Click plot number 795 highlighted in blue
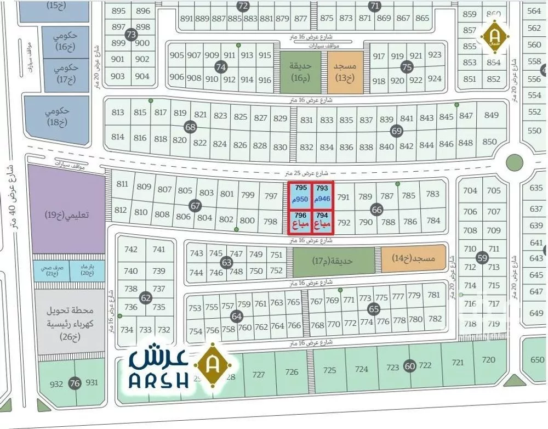pyautogui.click(x=301, y=193)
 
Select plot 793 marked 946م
pyautogui.click(x=323, y=193)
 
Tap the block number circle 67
pyautogui.click(x=195, y=206)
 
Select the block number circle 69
pyautogui.click(x=397, y=131)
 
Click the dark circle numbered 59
pyautogui.click(x=482, y=258)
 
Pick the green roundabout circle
pyautogui.click(x=514, y=163)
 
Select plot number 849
pyautogui.click(x=491, y=115)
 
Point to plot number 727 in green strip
pyautogui.click(x=258, y=375)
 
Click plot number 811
pyautogui.click(x=122, y=184)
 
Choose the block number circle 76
pyautogui.click(x=75, y=383)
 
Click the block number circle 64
pyautogui.click(x=236, y=317)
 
